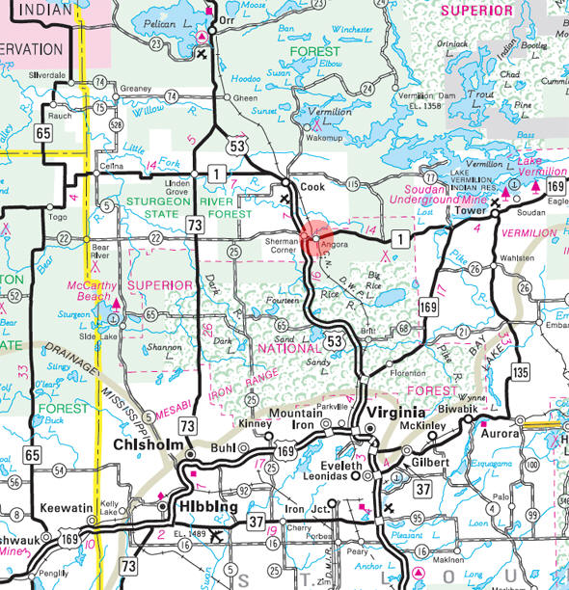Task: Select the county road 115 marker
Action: coord(352,183)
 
